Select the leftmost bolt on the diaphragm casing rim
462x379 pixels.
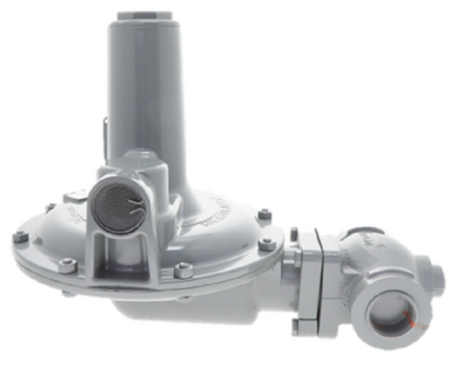pyautogui.click(x=20, y=237)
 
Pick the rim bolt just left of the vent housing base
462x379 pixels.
pyautogui.click(x=64, y=266)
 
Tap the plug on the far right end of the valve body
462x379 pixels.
pyautogui.click(x=438, y=277)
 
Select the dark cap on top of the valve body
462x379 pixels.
pyautogui.click(x=363, y=231)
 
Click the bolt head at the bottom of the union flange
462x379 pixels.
pyautogui.click(x=295, y=325)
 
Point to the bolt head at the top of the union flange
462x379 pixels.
pyautogui.click(x=295, y=234)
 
